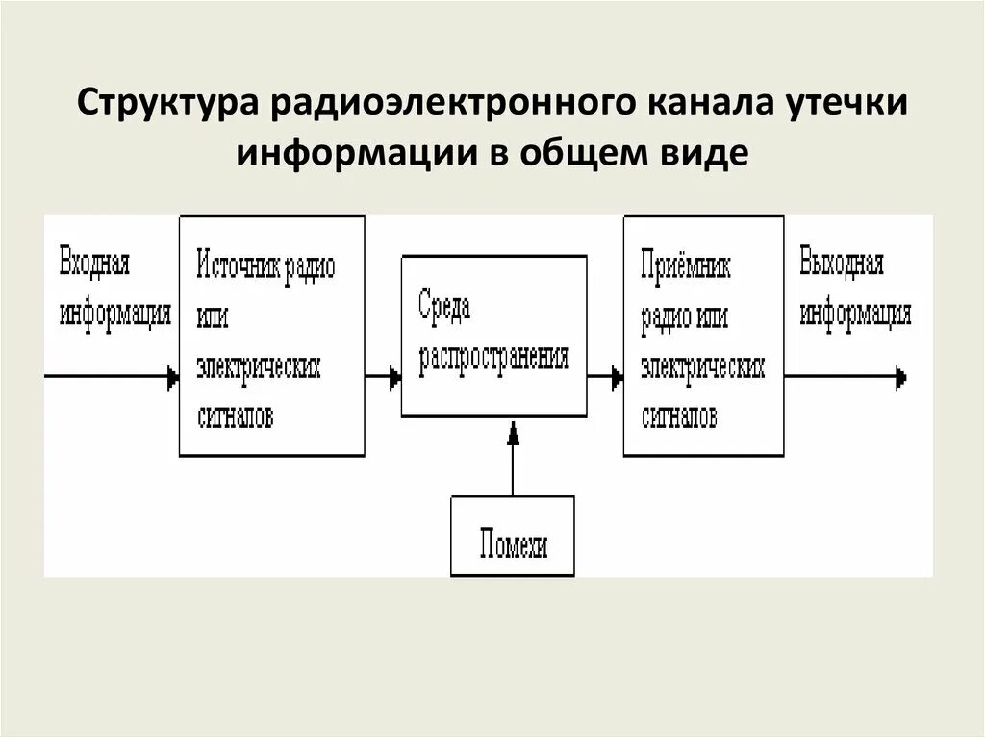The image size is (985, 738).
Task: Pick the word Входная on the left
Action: [94, 264]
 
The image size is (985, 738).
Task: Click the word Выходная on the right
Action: [841, 264]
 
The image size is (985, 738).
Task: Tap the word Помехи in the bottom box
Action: [514, 547]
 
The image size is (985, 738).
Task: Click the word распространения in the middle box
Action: [493, 357]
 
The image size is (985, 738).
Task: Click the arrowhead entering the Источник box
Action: [173, 378]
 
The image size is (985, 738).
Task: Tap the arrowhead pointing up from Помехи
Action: [514, 434]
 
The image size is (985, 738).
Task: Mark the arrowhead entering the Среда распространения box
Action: [394, 378]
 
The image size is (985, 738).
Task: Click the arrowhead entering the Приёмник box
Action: [617, 378]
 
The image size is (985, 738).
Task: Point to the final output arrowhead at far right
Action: [900, 376]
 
